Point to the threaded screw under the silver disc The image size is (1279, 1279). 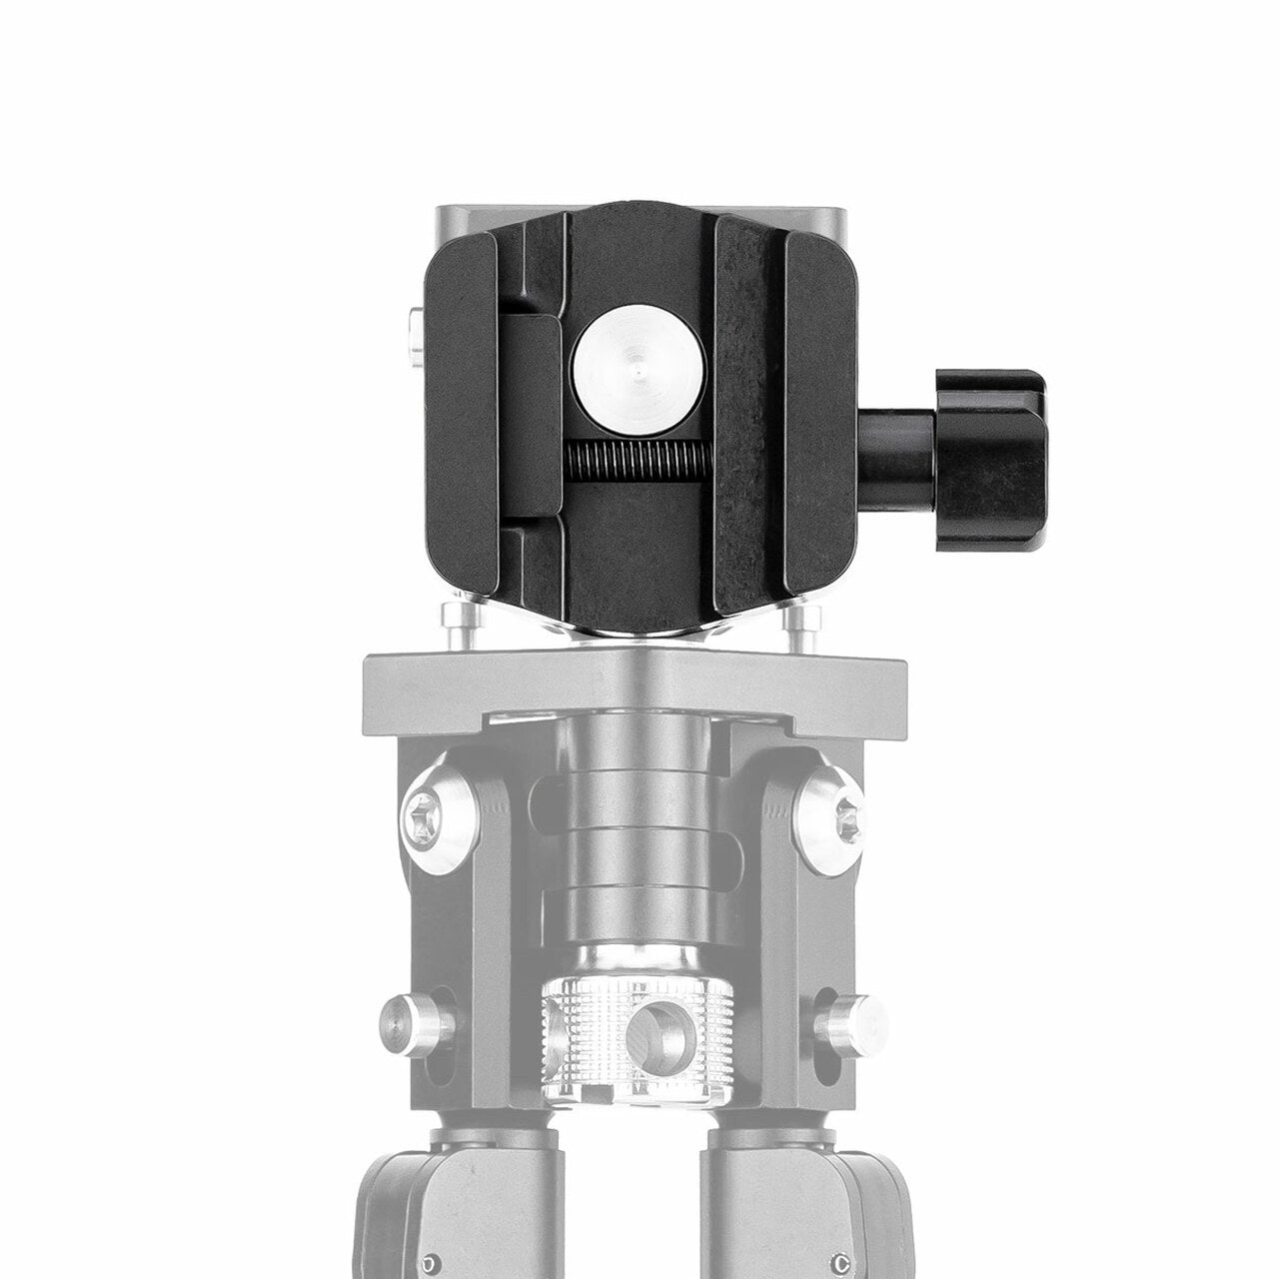(639, 462)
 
